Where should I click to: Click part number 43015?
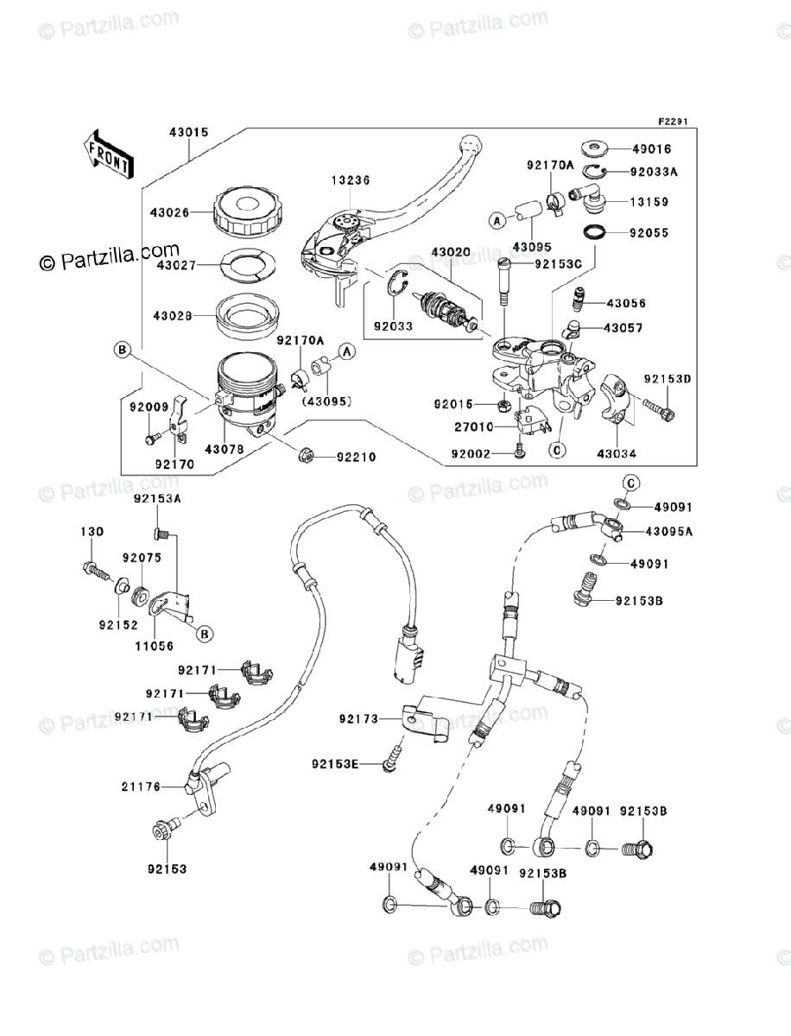click(x=188, y=133)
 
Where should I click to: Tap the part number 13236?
click(x=348, y=180)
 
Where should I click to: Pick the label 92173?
click(x=357, y=717)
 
